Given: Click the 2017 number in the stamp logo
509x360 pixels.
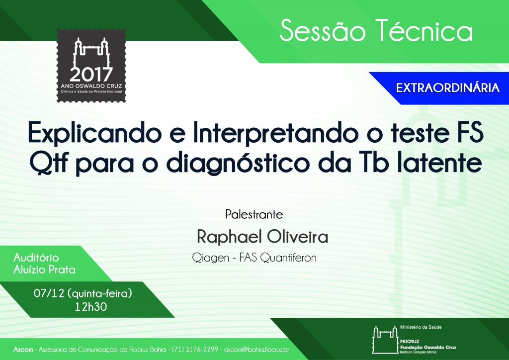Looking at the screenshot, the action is click(x=91, y=75).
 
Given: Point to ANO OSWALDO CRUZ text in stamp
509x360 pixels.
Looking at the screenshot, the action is click(x=91, y=87).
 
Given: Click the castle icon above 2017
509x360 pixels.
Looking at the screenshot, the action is click(x=91, y=53).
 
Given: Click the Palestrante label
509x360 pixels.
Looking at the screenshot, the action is click(x=254, y=215).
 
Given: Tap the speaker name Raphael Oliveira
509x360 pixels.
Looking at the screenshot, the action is click(x=262, y=237).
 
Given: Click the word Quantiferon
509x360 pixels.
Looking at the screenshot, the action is click(x=288, y=258).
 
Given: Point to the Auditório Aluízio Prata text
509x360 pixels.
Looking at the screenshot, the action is click(x=44, y=264).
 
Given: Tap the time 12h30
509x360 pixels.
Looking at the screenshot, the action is click(x=90, y=307).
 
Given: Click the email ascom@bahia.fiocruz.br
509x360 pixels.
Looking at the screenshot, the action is click(x=256, y=350).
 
